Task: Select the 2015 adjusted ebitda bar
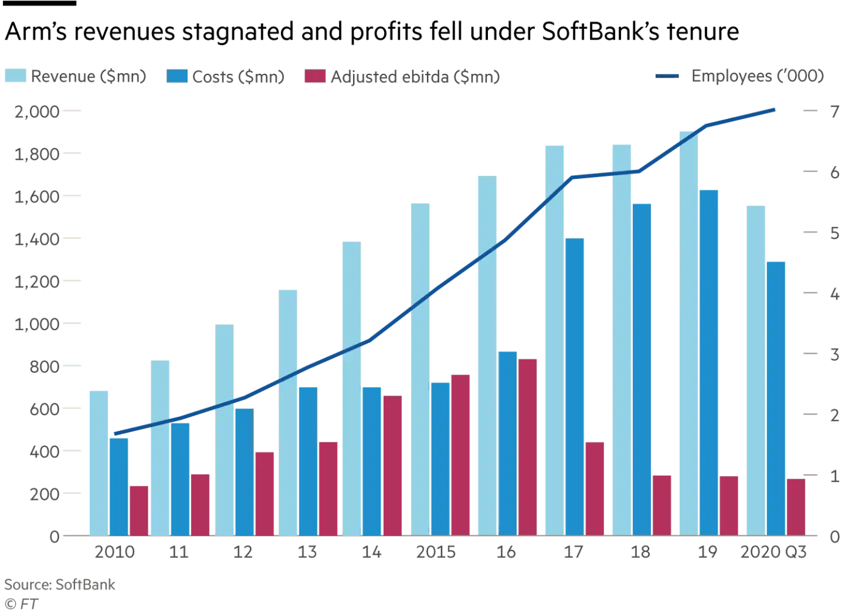coord(460,455)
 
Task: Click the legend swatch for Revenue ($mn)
coord(15,76)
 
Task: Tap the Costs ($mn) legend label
coord(238,77)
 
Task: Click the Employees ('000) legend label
coord(757,76)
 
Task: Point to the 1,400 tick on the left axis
coord(37,239)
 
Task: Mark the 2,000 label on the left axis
coord(37,111)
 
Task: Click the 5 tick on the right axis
coord(834,233)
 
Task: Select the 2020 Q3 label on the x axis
coord(773,552)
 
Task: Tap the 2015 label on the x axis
coord(435,552)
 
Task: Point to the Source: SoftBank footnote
coord(60,585)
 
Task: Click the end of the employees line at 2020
coord(774,110)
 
